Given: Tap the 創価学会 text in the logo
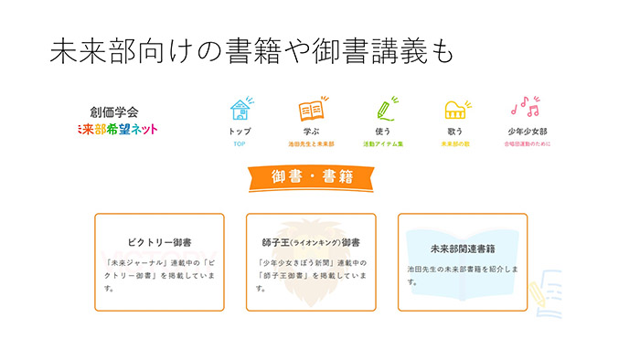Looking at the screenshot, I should pyautogui.click(x=115, y=111).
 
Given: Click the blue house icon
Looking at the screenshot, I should pyautogui.click(x=240, y=111).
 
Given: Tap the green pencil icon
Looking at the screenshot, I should pyautogui.click(x=384, y=110).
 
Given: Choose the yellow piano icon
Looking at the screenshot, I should pyautogui.click(x=455, y=111).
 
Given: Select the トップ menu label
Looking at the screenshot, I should pyautogui.click(x=240, y=132).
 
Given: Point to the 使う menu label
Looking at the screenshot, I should pyautogui.click(x=384, y=132).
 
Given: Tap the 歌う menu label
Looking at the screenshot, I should pyautogui.click(x=455, y=132).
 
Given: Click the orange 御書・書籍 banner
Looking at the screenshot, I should pyautogui.click(x=312, y=176).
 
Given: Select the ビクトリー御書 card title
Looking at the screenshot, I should pyautogui.click(x=160, y=243).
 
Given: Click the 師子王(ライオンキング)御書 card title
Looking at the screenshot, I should pyautogui.click(x=311, y=243).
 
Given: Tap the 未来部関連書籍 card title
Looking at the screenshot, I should pyautogui.click(x=462, y=248).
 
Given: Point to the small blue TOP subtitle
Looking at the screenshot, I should pyautogui.click(x=240, y=144).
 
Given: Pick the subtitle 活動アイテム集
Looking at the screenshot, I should pyautogui.click(x=384, y=144).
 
